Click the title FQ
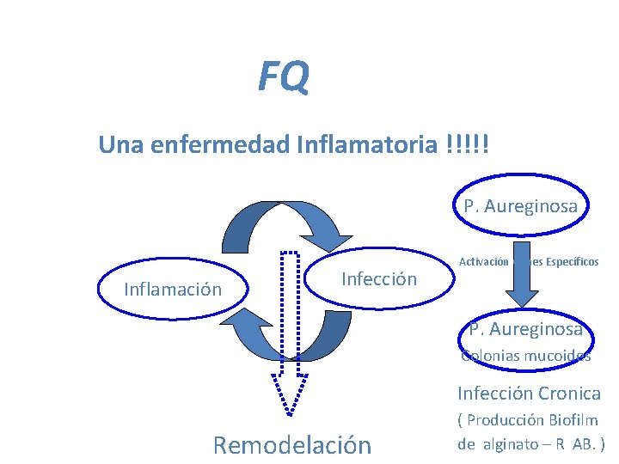(x=283, y=78)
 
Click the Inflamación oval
(x=172, y=289)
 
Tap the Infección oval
(x=378, y=278)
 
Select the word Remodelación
(x=291, y=445)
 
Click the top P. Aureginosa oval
(x=521, y=206)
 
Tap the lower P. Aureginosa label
(x=525, y=329)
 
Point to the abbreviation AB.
(x=587, y=444)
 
